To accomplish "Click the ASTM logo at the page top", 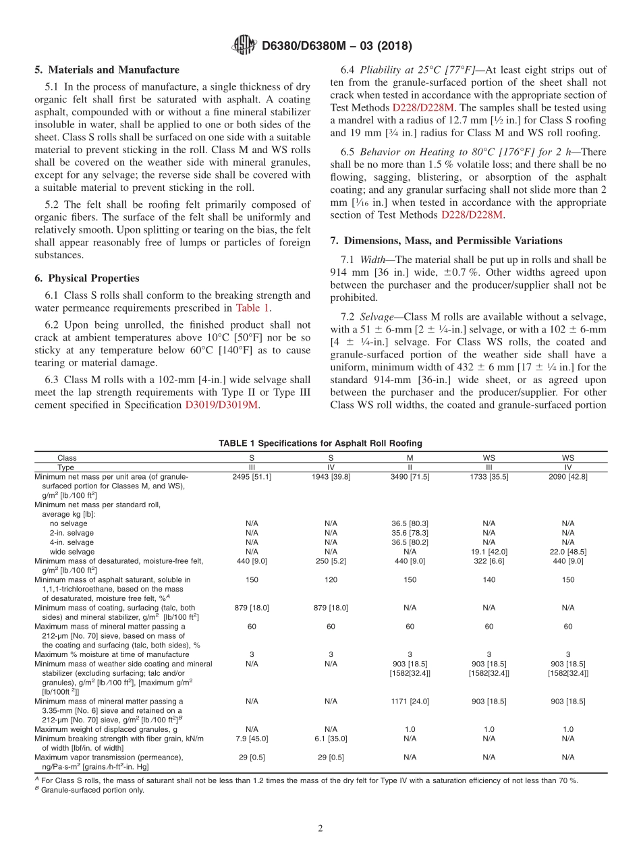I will click(244, 46).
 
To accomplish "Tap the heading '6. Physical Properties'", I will click(86, 278).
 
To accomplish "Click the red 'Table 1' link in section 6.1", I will click(252, 308).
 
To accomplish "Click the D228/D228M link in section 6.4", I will click(423, 107).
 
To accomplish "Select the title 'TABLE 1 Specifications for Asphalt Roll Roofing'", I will click(320, 443).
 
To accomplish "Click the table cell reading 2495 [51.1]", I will click(252, 476).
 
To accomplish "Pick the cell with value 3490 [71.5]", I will click(410, 476).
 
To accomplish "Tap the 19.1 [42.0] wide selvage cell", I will click(489, 551).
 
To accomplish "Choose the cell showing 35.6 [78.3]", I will click(410, 533).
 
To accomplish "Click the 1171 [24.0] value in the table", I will click(410, 702).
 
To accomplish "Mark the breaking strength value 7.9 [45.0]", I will click(252, 739).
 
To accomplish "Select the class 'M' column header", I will click(410, 458).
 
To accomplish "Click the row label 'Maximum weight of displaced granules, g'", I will click(106, 729).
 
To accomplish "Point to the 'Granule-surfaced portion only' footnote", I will click(92, 791).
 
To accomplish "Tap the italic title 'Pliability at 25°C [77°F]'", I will click(418, 70).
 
